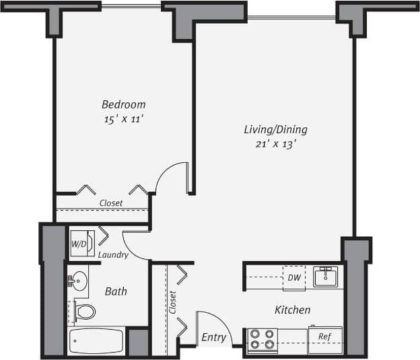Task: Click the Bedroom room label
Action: coord(123,104)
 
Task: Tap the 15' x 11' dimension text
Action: coord(123,119)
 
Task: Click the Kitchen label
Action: coord(292,310)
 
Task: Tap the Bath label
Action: coord(116,291)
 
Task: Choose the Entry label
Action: coord(213,338)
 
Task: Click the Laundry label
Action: coord(112,255)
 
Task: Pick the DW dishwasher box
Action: coord(294,277)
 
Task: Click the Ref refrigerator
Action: coord(324,338)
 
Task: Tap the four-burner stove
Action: coord(261,339)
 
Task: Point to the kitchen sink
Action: coord(327,276)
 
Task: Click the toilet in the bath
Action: coord(84,312)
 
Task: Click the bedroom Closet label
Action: coord(111,203)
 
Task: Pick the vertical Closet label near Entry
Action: coord(172,301)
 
